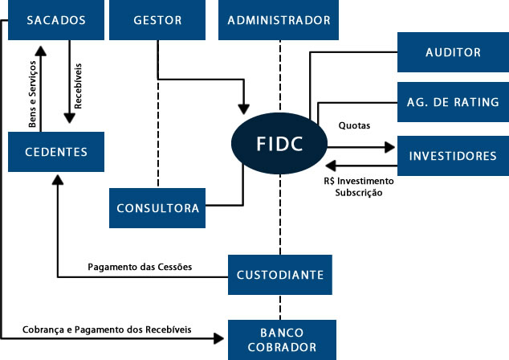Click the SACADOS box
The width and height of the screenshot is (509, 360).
[x=56, y=20]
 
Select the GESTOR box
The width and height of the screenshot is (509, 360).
[x=157, y=20]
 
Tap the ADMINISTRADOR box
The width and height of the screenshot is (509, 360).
[x=278, y=20]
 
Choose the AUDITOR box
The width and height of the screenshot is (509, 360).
[x=453, y=52]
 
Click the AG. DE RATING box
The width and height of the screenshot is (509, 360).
[x=453, y=102]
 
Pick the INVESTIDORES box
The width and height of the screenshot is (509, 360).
[x=453, y=155]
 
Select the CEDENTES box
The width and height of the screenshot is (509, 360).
[x=56, y=152]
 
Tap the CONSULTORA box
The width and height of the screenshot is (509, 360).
[x=157, y=208]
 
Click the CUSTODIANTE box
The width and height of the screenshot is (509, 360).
[x=279, y=275]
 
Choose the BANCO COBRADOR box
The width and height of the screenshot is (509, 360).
[x=279, y=340]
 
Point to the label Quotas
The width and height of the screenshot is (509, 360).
[x=354, y=126]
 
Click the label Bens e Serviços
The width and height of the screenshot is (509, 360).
[x=32, y=96]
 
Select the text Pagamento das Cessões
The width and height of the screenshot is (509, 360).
[x=139, y=267]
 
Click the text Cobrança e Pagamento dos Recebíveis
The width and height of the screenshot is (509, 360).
[x=107, y=329]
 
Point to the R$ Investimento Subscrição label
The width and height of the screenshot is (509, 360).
[x=353, y=187]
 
